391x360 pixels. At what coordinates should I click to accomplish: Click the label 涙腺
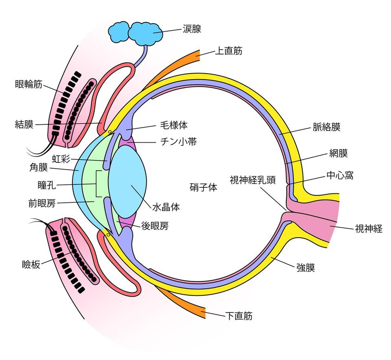click(192, 29)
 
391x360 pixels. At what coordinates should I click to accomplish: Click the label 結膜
click(24, 125)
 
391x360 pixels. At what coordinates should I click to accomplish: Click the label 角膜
click(39, 167)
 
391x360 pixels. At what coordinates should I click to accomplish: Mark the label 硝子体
click(203, 188)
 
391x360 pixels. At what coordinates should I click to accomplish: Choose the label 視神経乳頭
click(253, 180)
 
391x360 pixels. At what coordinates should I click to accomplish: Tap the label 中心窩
click(340, 176)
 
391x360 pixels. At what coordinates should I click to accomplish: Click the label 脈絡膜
click(327, 127)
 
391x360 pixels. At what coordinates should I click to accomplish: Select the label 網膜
click(338, 153)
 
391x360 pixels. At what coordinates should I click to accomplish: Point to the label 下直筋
click(239, 316)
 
